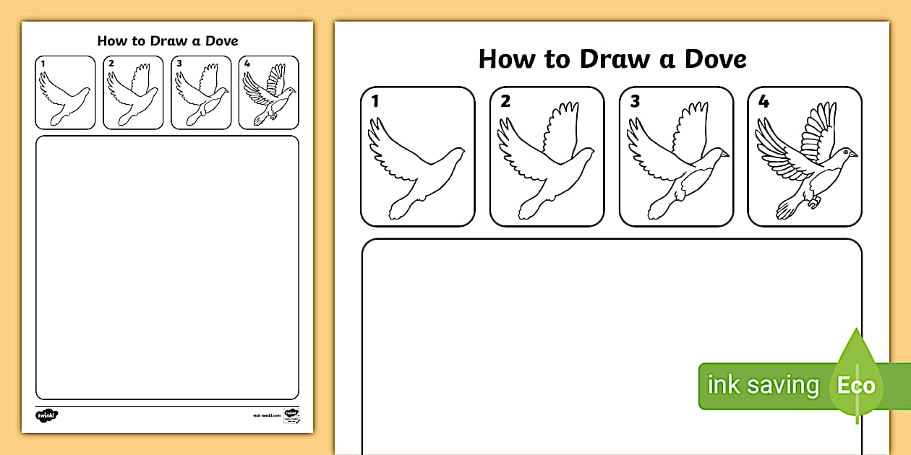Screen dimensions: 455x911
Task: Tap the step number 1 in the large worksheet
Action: pos(375,101)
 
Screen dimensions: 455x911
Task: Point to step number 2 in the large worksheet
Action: pos(505,101)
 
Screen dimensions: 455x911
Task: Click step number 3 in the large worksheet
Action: pos(634,101)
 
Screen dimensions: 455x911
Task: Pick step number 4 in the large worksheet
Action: pos(764,101)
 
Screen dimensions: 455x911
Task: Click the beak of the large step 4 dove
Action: pos(854,154)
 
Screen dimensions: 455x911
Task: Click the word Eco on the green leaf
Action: pos(856,385)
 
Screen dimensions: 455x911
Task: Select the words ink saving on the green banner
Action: pos(762,385)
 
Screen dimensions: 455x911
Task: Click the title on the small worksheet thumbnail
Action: pos(167,40)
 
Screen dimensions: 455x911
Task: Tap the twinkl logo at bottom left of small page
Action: pos(46,415)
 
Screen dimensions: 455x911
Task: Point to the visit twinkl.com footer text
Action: pos(265,416)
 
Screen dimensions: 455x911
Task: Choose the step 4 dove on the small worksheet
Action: pos(268,92)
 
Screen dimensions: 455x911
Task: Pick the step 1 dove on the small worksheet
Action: pos(64,95)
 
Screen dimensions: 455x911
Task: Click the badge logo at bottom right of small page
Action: pos(291,415)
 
